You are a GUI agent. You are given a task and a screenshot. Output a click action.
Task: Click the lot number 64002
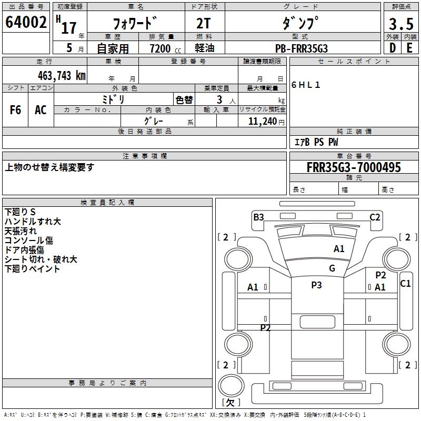click(x=26, y=23)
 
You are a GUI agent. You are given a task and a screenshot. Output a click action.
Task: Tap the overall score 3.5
click(x=401, y=24)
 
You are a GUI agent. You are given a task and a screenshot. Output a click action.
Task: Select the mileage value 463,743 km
click(x=62, y=75)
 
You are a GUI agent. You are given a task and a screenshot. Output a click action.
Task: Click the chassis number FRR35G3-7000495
click(x=354, y=167)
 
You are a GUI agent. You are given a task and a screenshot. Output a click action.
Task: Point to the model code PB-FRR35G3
click(x=302, y=48)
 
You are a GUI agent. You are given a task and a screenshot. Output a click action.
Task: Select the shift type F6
click(x=15, y=110)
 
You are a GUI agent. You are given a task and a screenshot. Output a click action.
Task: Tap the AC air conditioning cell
click(x=41, y=110)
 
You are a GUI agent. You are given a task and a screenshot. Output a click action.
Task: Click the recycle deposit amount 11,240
click(x=262, y=121)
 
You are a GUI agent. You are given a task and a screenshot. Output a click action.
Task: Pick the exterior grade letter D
click(x=392, y=48)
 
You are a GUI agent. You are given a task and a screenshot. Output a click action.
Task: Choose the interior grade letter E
click(x=409, y=48)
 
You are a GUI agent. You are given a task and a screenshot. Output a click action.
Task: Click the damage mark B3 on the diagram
click(x=258, y=217)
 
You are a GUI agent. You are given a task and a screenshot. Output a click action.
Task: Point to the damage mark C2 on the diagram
click(x=375, y=217)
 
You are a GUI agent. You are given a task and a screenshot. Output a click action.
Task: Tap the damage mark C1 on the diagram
click(x=405, y=284)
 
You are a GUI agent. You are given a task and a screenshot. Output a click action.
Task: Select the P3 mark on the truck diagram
click(x=316, y=285)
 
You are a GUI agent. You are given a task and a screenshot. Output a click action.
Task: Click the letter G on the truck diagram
click(x=332, y=268)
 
